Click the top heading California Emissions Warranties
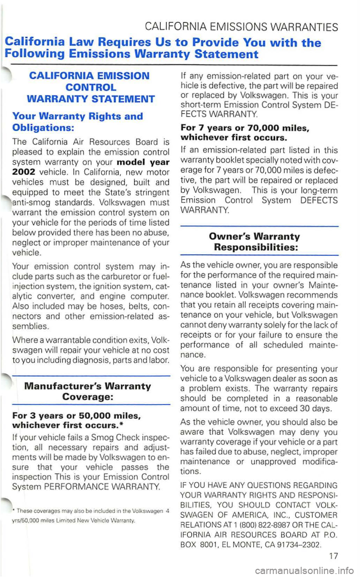click(241, 27)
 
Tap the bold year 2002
click(24, 172)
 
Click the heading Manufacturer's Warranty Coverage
click(87, 391)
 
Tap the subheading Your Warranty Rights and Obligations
click(77, 121)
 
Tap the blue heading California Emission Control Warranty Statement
click(91, 87)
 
